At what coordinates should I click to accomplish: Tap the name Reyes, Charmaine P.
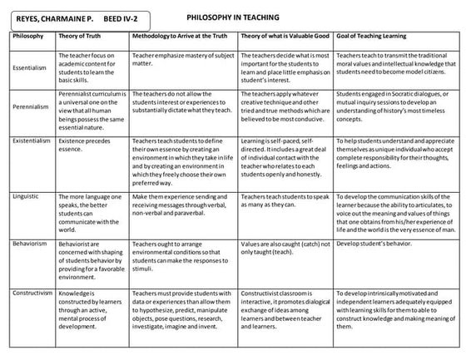coord(52,17)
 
